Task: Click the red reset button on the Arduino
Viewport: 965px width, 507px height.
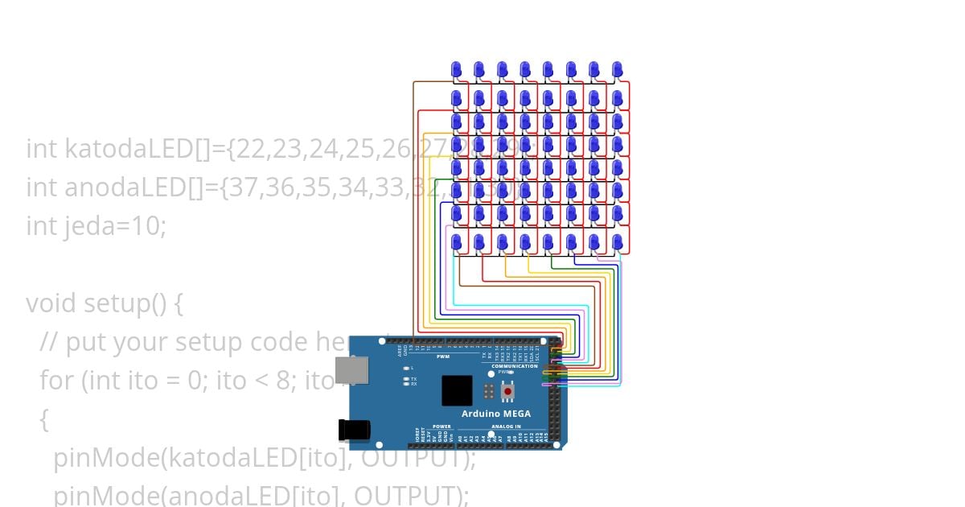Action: point(507,392)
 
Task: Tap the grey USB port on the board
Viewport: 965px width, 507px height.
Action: point(351,369)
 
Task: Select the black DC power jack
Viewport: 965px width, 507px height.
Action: point(354,431)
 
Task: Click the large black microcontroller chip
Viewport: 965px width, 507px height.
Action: point(457,390)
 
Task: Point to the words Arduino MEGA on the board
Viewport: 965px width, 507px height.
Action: point(495,414)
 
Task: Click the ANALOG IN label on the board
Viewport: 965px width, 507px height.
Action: point(506,427)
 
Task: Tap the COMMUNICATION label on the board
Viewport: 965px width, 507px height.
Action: point(514,366)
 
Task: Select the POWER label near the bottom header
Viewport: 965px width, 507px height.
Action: point(442,427)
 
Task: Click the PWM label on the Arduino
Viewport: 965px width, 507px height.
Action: point(443,357)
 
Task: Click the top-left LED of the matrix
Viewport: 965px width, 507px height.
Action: point(456,68)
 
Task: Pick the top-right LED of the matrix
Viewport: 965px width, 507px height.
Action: point(617,68)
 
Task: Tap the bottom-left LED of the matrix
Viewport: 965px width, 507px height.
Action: point(456,241)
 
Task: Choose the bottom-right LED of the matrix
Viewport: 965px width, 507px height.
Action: point(617,241)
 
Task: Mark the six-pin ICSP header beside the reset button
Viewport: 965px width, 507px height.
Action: point(488,392)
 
